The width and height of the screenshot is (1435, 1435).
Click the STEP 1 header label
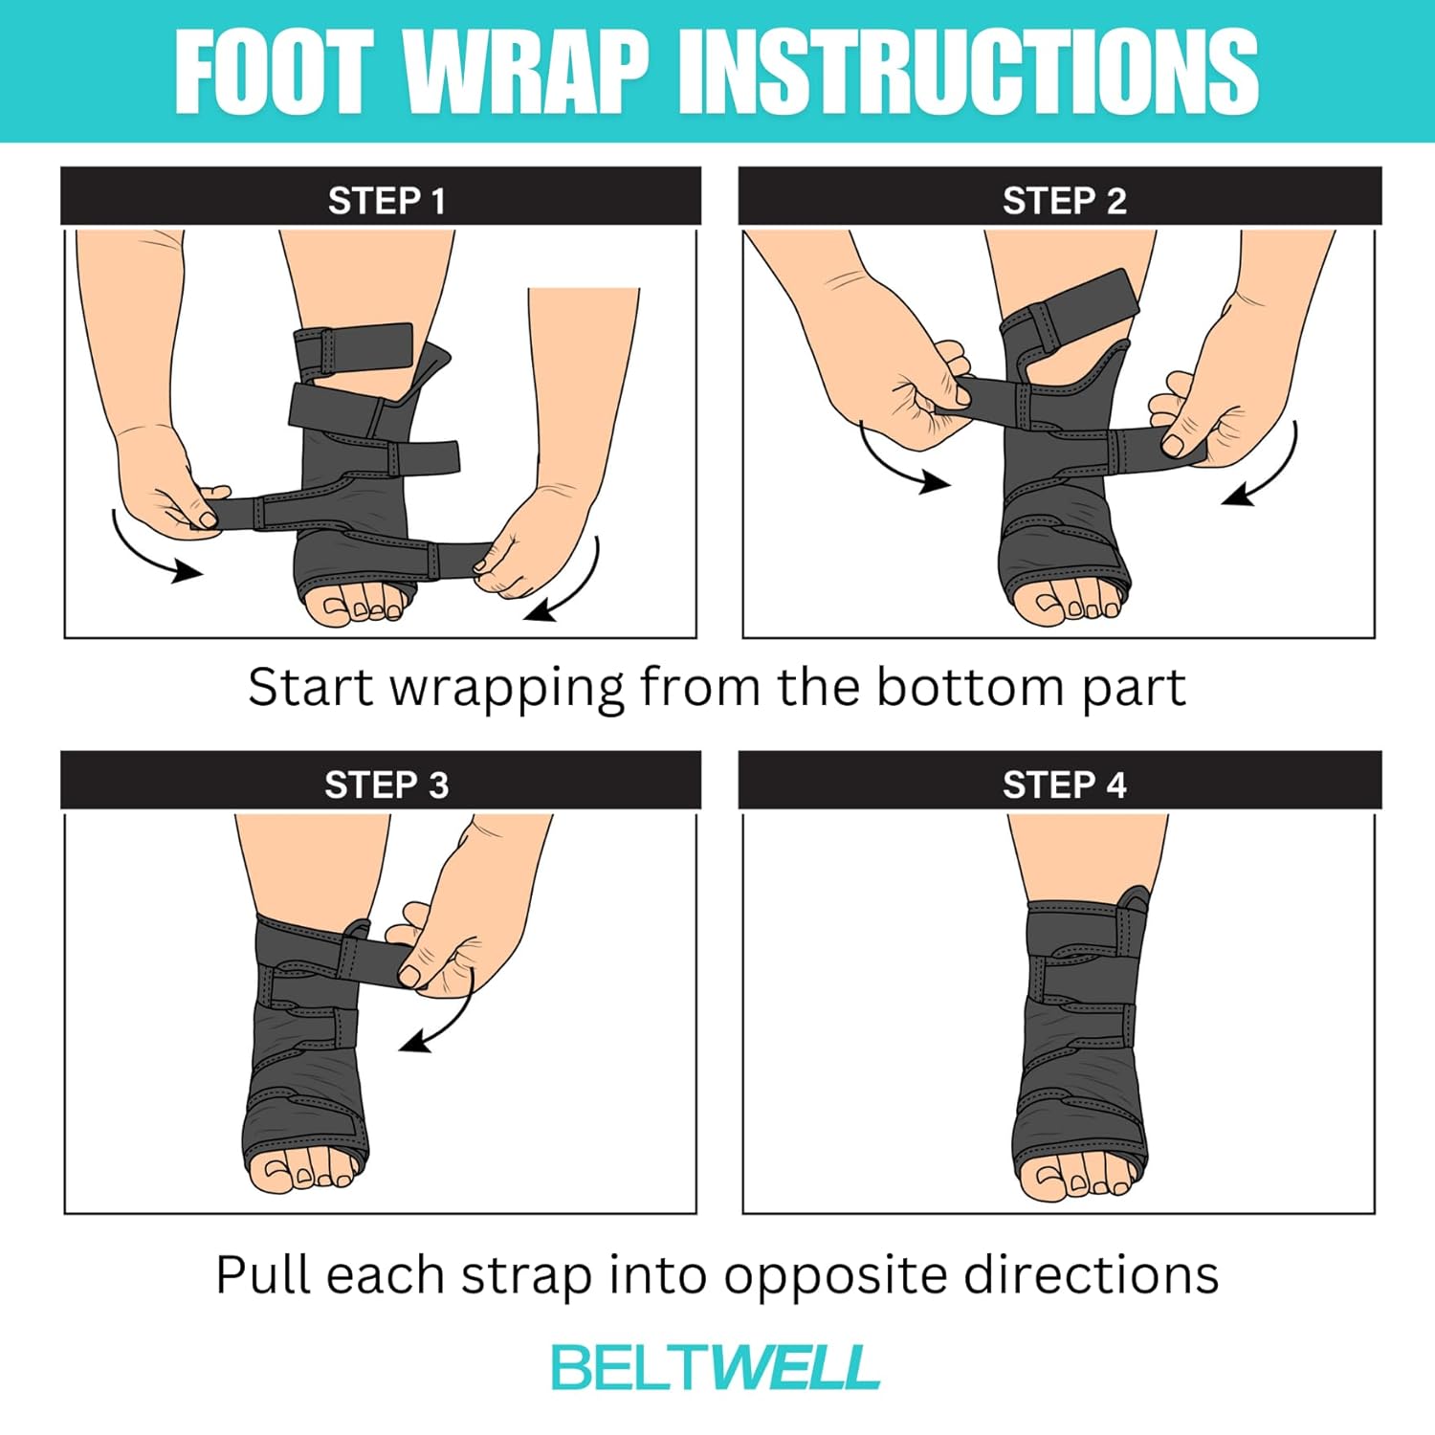[x=386, y=201]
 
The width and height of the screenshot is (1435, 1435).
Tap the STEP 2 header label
[x=1064, y=201]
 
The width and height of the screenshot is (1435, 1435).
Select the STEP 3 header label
[x=386, y=784]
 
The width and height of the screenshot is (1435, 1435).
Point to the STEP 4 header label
[x=1064, y=784]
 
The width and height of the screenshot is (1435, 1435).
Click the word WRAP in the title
[x=525, y=72]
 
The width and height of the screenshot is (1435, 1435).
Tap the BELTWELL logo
[x=716, y=1367]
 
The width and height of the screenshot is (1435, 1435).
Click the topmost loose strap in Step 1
[x=354, y=348]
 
